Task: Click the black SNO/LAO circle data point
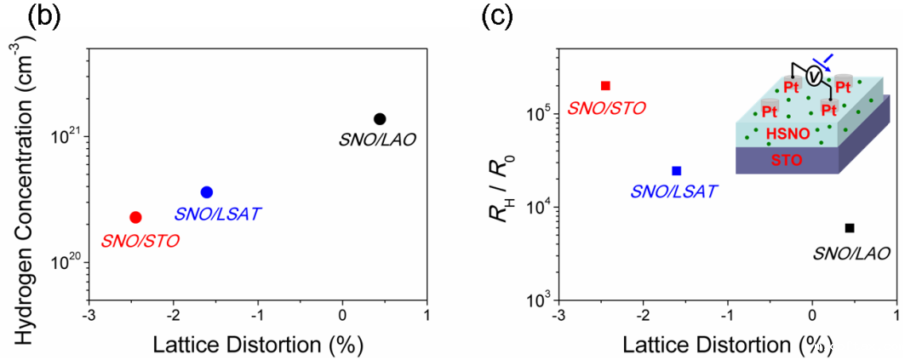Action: pos(380,118)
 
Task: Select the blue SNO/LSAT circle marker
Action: pos(206,192)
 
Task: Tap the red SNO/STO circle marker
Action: pos(135,218)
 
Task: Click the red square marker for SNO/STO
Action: pos(605,85)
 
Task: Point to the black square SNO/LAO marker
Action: pos(849,227)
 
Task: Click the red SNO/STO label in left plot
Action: pos(140,241)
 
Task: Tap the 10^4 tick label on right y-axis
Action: pos(535,207)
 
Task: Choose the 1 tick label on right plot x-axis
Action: pos(896,313)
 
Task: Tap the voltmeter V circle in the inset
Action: pos(814,77)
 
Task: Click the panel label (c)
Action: pos(498,18)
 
